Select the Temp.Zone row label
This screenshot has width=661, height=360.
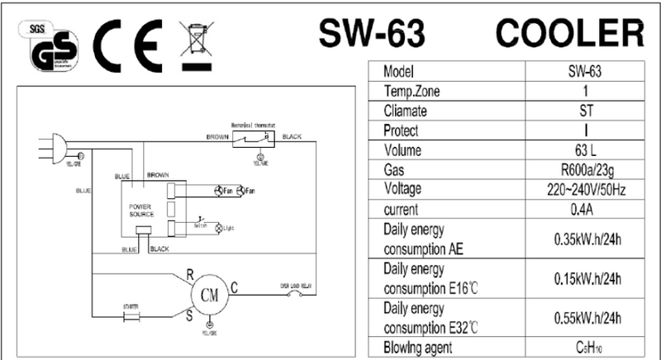(x=417, y=90)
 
